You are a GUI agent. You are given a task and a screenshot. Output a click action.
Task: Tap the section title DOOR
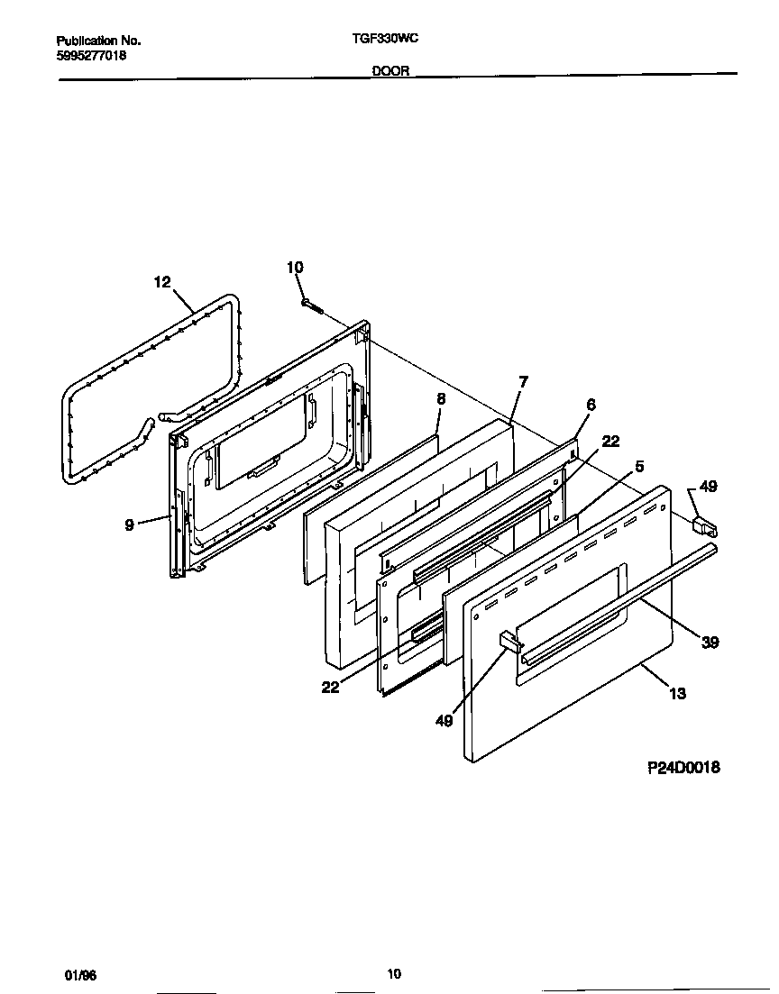tap(392, 71)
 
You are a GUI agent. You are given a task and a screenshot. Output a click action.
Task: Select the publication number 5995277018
tap(91, 56)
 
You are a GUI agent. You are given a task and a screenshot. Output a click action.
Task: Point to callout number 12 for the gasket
tap(161, 282)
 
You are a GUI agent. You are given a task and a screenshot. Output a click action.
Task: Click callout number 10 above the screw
tap(295, 267)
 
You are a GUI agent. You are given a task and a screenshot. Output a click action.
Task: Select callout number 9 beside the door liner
tap(130, 525)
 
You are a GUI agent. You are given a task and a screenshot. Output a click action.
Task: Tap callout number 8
tap(441, 397)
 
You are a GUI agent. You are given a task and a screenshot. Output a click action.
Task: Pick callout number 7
tap(523, 382)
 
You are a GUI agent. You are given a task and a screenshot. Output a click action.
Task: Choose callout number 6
tap(591, 406)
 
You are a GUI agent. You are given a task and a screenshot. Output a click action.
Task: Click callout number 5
tap(638, 467)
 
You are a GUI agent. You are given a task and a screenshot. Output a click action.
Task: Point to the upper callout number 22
tap(610, 441)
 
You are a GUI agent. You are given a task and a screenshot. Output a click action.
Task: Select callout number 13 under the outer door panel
tap(677, 693)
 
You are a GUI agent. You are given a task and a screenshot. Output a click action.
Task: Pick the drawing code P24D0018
tap(683, 768)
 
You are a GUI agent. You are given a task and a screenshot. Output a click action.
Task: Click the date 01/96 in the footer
tap(78, 975)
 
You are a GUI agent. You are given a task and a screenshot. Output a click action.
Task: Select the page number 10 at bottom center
tap(394, 973)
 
